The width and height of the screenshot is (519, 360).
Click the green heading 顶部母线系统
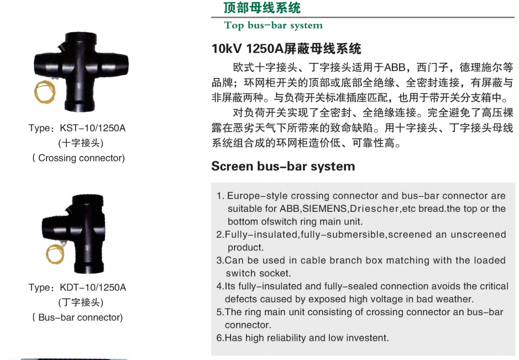pyautogui.click(x=262, y=8)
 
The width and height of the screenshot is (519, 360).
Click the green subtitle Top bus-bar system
pyautogui.click(x=274, y=25)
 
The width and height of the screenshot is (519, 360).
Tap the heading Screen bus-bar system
pyautogui.click(x=283, y=166)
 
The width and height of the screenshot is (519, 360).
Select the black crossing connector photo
pyautogui.click(x=81, y=72)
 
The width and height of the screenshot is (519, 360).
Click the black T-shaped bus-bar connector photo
pyautogui.click(x=74, y=234)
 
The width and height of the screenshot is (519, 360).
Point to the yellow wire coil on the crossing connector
pyautogui.click(x=45, y=92)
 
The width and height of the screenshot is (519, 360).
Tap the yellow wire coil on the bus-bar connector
pyautogui.click(x=55, y=254)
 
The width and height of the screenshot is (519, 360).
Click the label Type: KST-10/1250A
pyautogui.click(x=77, y=128)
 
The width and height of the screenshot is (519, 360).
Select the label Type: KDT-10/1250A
pyautogui.click(x=77, y=288)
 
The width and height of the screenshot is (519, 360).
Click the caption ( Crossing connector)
pyautogui.click(x=78, y=158)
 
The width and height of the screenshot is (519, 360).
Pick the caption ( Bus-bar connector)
pyautogui.click(x=77, y=317)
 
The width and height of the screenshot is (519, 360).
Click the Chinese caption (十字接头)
pyautogui.click(x=81, y=143)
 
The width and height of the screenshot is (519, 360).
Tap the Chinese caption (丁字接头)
pyautogui.click(x=81, y=302)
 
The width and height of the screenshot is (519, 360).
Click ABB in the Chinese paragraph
pyautogui.click(x=395, y=67)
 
